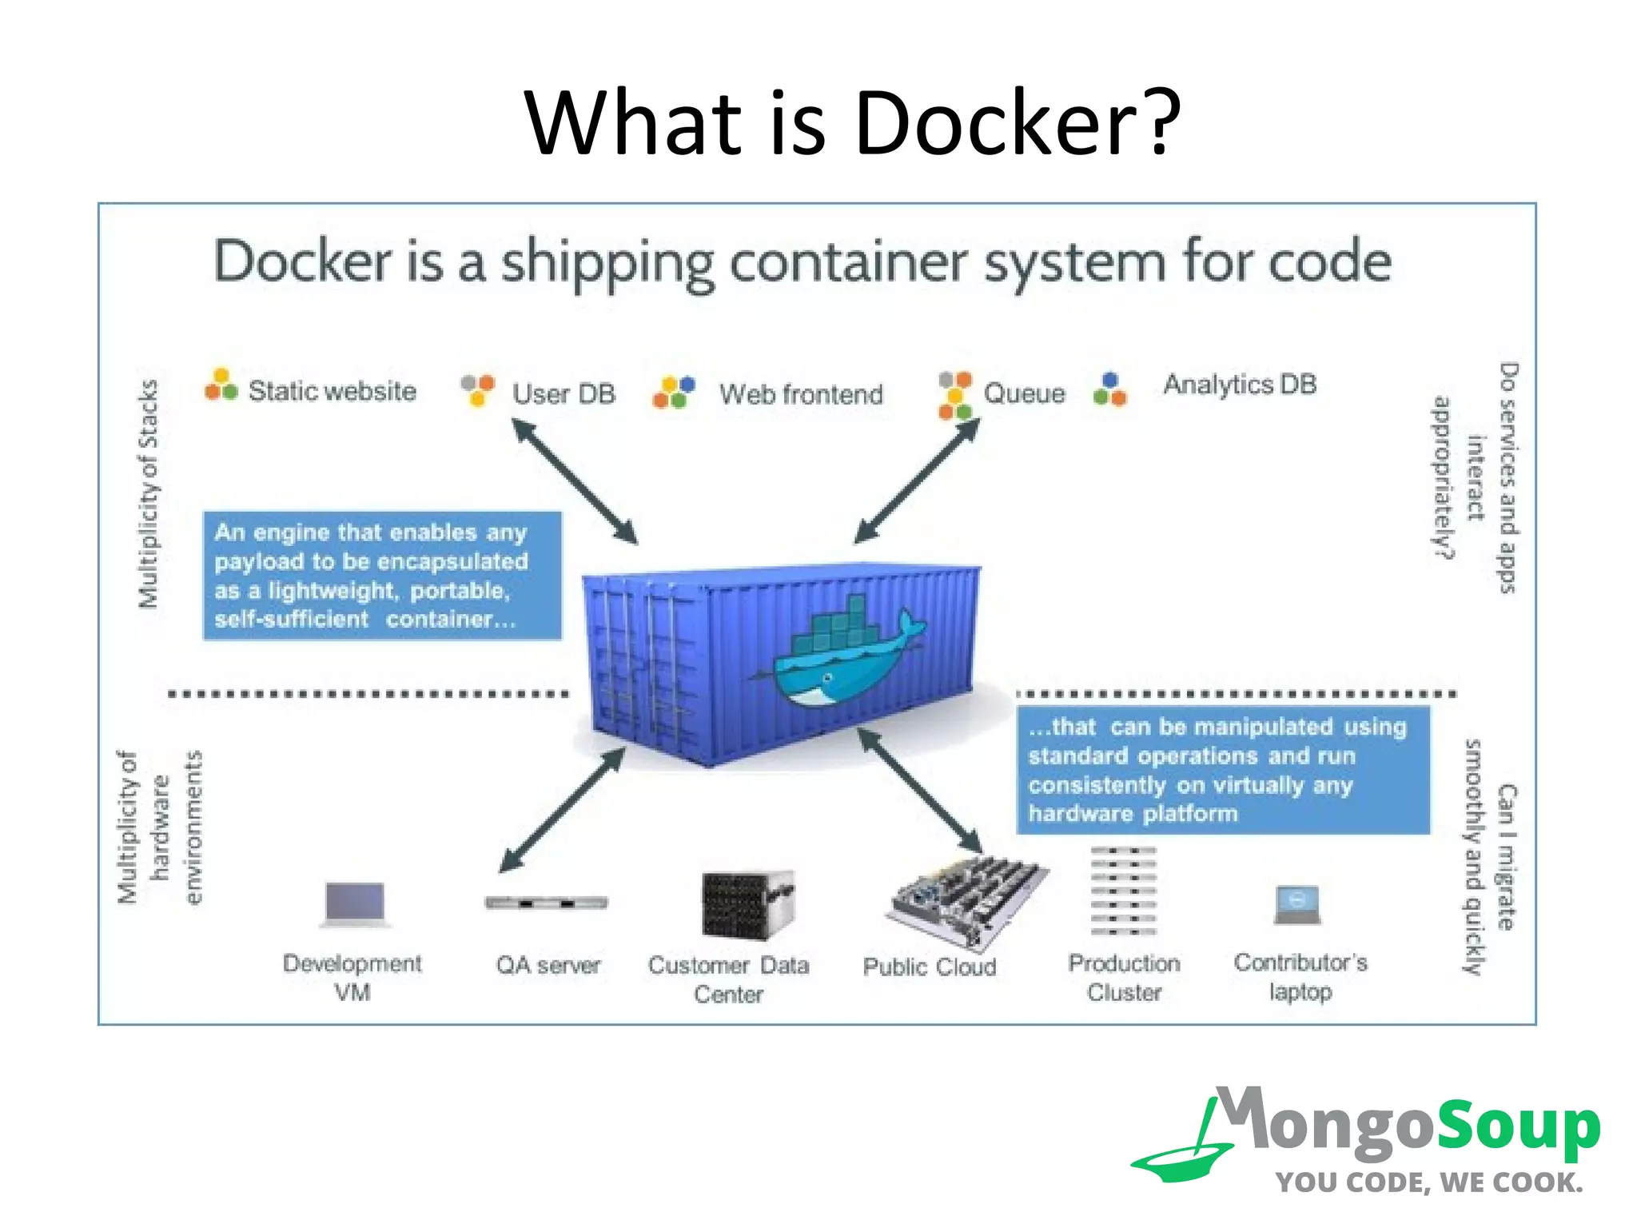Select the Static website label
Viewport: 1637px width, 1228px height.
pos(332,391)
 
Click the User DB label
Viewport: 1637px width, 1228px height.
pos(564,394)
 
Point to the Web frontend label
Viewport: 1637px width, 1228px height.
pos(801,394)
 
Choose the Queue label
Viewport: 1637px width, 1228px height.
pos(1024,393)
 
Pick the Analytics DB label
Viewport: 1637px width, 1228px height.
pos(1240,385)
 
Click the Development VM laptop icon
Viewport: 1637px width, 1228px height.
pos(355,904)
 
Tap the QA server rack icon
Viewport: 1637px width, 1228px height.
pos(547,903)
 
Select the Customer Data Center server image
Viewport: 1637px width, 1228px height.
pos(747,905)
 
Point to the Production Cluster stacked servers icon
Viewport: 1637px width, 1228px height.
pos(1124,891)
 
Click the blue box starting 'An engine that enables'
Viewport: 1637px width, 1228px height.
pos(382,576)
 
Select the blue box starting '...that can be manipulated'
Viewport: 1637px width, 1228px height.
pos(1222,770)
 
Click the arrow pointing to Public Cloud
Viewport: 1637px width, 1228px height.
pos(919,790)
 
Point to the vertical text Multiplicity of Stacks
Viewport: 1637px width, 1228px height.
pos(149,493)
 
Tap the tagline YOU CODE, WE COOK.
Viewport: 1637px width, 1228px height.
pos(1428,1182)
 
